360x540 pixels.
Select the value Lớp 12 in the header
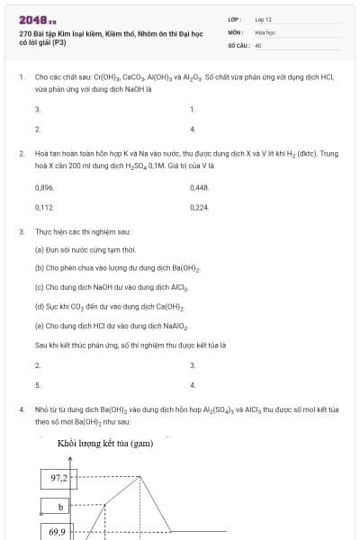click(264, 19)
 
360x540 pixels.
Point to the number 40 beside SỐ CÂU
click(258, 44)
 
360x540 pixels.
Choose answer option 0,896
click(44, 187)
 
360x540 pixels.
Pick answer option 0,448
click(200, 187)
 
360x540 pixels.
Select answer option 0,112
click(44, 207)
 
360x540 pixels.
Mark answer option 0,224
click(200, 207)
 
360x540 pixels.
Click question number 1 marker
click(21, 78)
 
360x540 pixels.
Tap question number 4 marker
click(21, 409)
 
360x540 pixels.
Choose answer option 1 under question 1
click(193, 109)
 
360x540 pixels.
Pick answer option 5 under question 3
click(37, 384)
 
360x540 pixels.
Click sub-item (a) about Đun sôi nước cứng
click(85, 249)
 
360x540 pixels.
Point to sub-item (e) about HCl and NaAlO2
click(110, 325)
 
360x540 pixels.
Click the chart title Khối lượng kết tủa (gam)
click(104, 444)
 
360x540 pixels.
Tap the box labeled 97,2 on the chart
click(60, 479)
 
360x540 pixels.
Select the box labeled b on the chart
click(60, 507)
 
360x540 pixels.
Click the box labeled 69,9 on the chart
click(58, 532)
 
